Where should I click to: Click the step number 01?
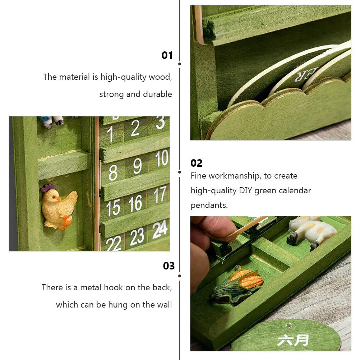167,55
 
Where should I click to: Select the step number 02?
196,163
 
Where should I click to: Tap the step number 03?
169,266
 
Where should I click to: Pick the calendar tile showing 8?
112,172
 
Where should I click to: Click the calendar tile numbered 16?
135,204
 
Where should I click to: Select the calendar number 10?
162,158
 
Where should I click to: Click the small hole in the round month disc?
288,326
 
